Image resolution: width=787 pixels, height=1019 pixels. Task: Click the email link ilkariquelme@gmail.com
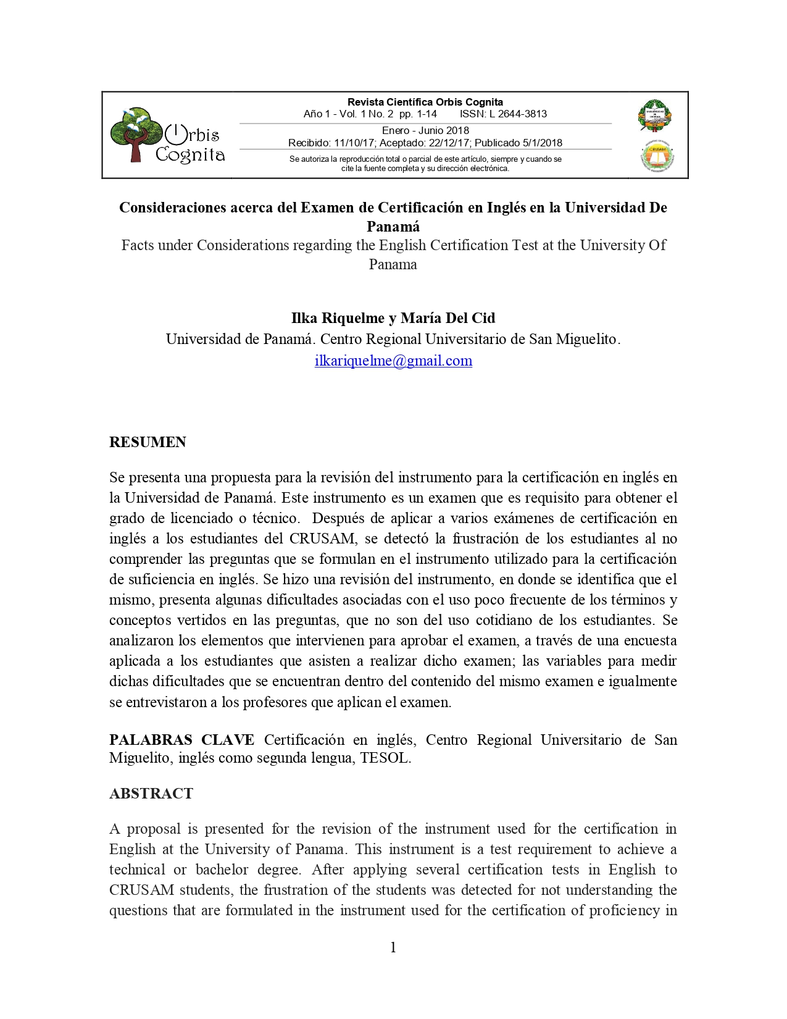click(x=393, y=361)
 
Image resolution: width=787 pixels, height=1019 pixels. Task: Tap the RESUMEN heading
click(x=148, y=442)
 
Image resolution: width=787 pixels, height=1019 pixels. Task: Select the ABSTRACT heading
click(x=151, y=794)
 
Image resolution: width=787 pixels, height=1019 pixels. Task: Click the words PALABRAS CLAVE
click(x=181, y=740)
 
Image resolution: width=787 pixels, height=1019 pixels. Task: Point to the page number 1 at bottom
click(x=393, y=947)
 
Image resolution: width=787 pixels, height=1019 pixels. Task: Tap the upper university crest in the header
click(x=654, y=115)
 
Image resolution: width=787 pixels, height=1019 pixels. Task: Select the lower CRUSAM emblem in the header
click(x=657, y=157)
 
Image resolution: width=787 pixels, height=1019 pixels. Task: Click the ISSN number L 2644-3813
click(x=518, y=114)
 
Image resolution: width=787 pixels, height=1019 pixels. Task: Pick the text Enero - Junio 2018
click(x=425, y=130)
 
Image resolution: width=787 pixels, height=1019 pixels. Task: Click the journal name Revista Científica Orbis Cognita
click(x=425, y=102)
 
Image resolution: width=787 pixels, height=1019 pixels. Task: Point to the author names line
click(x=393, y=318)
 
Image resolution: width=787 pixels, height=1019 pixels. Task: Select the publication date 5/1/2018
click(x=542, y=143)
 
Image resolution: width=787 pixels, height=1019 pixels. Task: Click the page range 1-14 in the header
click(x=427, y=114)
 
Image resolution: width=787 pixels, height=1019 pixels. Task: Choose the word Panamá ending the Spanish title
click(x=393, y=226)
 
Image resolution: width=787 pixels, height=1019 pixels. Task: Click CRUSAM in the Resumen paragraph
click(x=322, y=539)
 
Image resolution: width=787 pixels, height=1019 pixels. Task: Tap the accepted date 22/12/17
click(x=449, y=143)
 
